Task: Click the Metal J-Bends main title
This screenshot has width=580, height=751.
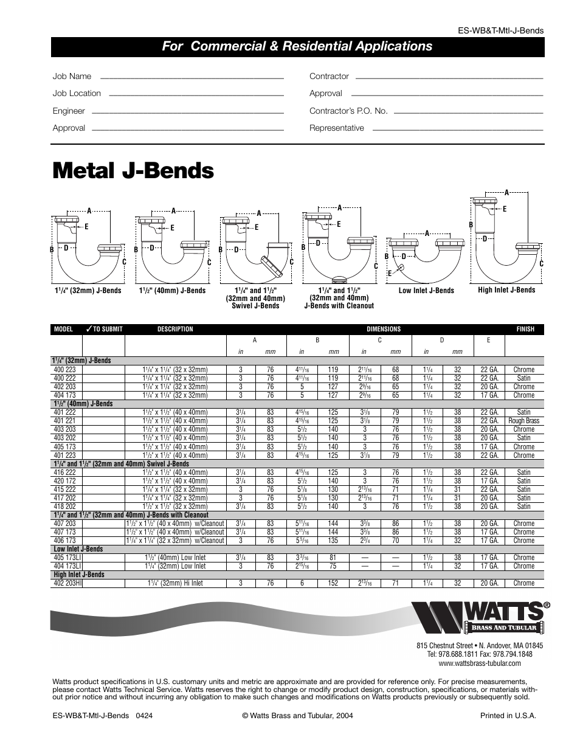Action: coord(133,171)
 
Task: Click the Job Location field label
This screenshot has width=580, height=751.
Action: coord(77,93)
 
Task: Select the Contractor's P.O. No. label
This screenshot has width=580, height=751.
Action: coord(348,111)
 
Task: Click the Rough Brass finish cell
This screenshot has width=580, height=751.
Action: coord(523,421)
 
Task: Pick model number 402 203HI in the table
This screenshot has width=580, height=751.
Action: coord(67,583)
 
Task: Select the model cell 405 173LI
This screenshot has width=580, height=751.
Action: coord(67,557)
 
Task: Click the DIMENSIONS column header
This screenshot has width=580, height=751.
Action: coord(383,329)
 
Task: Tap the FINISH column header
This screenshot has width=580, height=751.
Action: coord(525,329)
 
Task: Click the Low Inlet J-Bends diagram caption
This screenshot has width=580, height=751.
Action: coord(426,290)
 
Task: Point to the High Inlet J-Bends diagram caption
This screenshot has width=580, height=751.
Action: coord(506,289)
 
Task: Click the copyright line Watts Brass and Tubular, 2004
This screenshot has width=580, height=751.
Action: coord(297,716)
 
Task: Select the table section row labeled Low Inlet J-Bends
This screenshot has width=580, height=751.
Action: coord(78,549)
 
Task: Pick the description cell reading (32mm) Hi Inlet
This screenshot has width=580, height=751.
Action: coord(176,583)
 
